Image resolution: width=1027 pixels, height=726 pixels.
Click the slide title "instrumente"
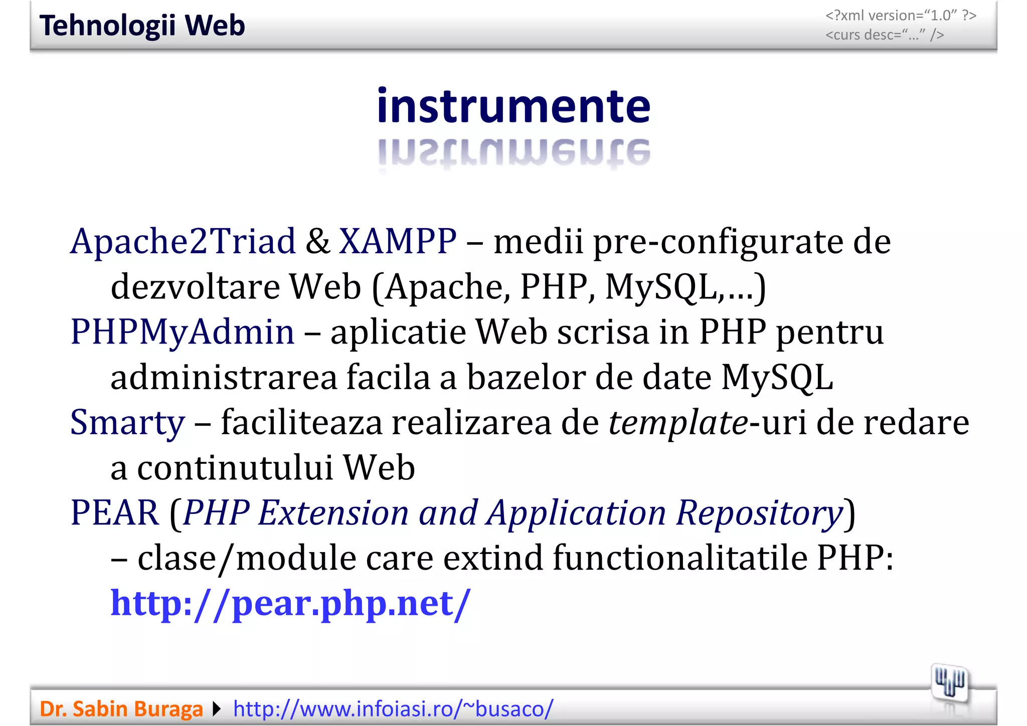(x=513, y=106)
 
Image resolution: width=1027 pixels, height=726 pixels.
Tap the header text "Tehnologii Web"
(x=142, y=26)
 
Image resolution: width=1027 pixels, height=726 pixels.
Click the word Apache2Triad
(x=183, y=242)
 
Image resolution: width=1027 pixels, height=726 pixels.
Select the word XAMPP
(x=398, y=242)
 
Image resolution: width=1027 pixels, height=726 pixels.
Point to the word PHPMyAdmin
(x=183, y=332)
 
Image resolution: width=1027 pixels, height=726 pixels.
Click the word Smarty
(x=127, y=423)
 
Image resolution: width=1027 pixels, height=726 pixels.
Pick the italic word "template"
(x=678, y=423)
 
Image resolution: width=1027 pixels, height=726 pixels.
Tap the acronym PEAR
(x=115, y=513)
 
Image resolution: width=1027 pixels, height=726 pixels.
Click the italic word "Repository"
(x=759, y=513)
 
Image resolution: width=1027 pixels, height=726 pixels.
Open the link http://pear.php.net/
(x=290, y=603)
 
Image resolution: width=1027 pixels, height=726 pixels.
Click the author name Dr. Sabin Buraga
(x=121, y=709)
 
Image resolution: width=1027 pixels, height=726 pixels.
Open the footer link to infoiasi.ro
(x=393, y=709)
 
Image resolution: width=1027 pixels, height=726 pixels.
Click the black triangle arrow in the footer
(x=217, y=709)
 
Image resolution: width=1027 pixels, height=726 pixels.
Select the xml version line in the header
(x=901, y=16)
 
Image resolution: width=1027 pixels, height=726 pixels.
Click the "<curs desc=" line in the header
(x=885, y=35)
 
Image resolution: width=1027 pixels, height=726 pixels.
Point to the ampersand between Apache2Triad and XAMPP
(x=317, y=242)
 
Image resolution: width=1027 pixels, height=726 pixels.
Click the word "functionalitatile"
(x=680, y=558)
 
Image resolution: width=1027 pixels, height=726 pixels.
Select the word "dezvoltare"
(x=195, y=287)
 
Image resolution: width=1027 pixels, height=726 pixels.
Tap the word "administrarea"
(x=224, y=378)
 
